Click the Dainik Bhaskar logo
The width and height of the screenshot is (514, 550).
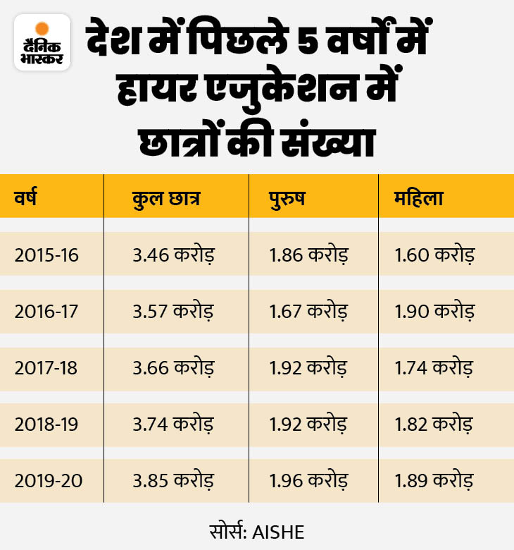[x=42, y=42]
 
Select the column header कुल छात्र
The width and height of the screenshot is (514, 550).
[x=166, y=198]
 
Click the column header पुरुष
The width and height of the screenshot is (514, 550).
[x=287, y=198]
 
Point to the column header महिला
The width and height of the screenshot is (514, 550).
[x=420, y=198]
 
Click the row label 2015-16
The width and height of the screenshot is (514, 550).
[x=47, y=254]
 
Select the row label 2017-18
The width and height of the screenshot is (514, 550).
[x=47, y=367]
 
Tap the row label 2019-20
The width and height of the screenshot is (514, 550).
[x=48, y=481]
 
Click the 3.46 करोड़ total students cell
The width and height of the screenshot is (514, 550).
[x=173, y=254]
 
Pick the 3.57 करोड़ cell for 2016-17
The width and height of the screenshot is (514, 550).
[x=173, y=311]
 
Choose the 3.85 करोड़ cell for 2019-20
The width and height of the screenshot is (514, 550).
[x=173, y=481]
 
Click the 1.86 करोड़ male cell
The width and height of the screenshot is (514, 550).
[x=308, y=254]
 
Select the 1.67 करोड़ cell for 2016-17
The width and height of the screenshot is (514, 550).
[x=308, y=311]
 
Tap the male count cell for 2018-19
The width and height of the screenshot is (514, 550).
[x=308, y=424]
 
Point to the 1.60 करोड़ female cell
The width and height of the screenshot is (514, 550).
[x=434, y=254]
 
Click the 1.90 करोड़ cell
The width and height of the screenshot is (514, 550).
[x=434, y=311]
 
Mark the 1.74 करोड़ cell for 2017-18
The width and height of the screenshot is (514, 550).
[x=434, y=367]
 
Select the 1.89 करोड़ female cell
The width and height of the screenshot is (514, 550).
[x=434, y=481]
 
